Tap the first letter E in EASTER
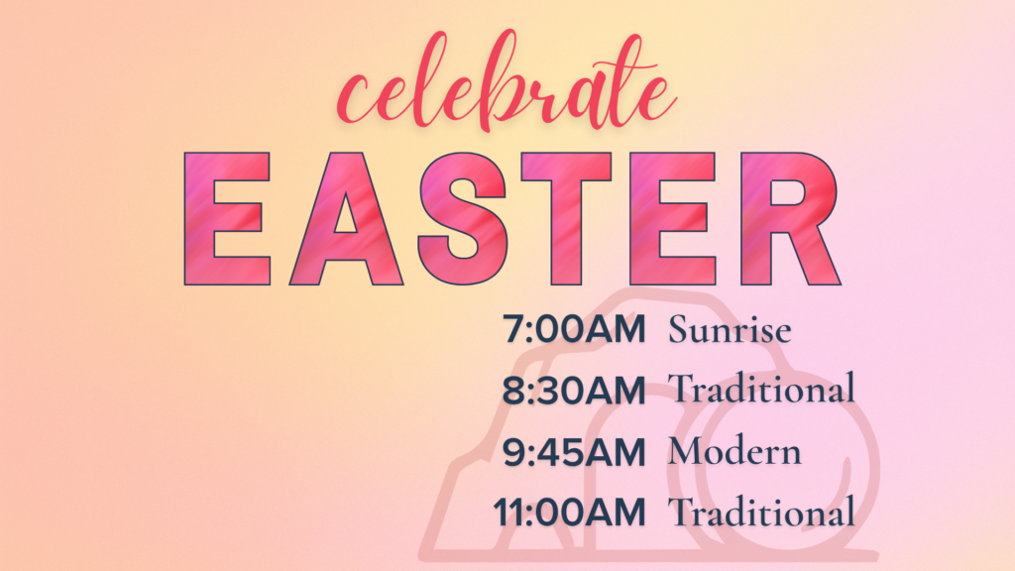pos(227,219)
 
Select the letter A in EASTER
pos(346,219)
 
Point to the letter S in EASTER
pos(462,219)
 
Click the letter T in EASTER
pos(566,219)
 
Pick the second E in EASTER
pos(673,219)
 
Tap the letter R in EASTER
pos(790,219)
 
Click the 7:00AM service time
pos(574,329)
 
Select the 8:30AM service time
pos(574,391)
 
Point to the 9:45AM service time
pos(574,452)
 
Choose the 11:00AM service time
pos(570,513)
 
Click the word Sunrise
pos(730,329)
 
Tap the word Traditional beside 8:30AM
pos(762,389)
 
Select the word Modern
pos(734,451)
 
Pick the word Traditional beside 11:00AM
pos(762,512)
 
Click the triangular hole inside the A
pos(346,217)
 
